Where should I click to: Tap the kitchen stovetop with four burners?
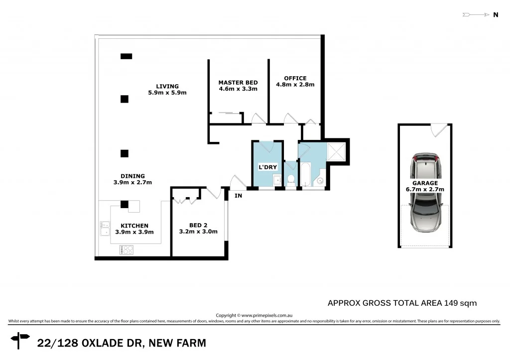[127, 250]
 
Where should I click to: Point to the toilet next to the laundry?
[291, 180]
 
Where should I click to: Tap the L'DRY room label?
[267, 167]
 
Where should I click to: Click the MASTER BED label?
[238, 83]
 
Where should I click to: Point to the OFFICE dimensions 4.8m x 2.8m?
[295, 85]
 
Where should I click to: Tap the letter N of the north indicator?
[496, 15]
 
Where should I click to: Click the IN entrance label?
[239, 196]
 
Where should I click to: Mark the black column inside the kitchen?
[124, 204]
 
